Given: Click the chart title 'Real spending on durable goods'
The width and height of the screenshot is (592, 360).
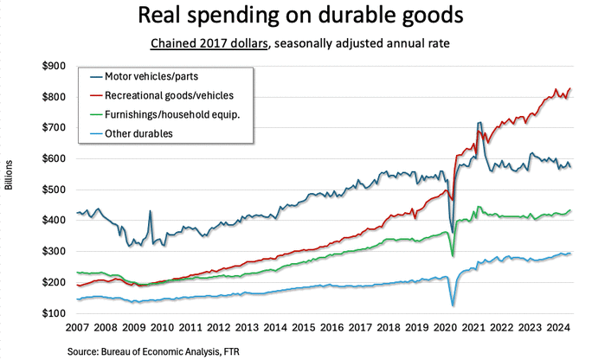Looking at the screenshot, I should coord(295,17).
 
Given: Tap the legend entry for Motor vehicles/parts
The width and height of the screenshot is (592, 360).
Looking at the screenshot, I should coord(149,76).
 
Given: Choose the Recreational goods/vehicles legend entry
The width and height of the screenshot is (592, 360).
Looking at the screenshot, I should coord(162,94).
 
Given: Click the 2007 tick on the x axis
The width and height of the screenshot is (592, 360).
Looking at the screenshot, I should coord(79,329).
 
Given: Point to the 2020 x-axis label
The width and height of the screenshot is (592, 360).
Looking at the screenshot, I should coord(448,329).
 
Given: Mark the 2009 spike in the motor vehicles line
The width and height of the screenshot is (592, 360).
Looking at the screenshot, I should coord(150,211).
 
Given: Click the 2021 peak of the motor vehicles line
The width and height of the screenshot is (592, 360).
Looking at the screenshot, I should coord(479,124).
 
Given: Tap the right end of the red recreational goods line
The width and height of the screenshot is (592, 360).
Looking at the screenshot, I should coord(570,88).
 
